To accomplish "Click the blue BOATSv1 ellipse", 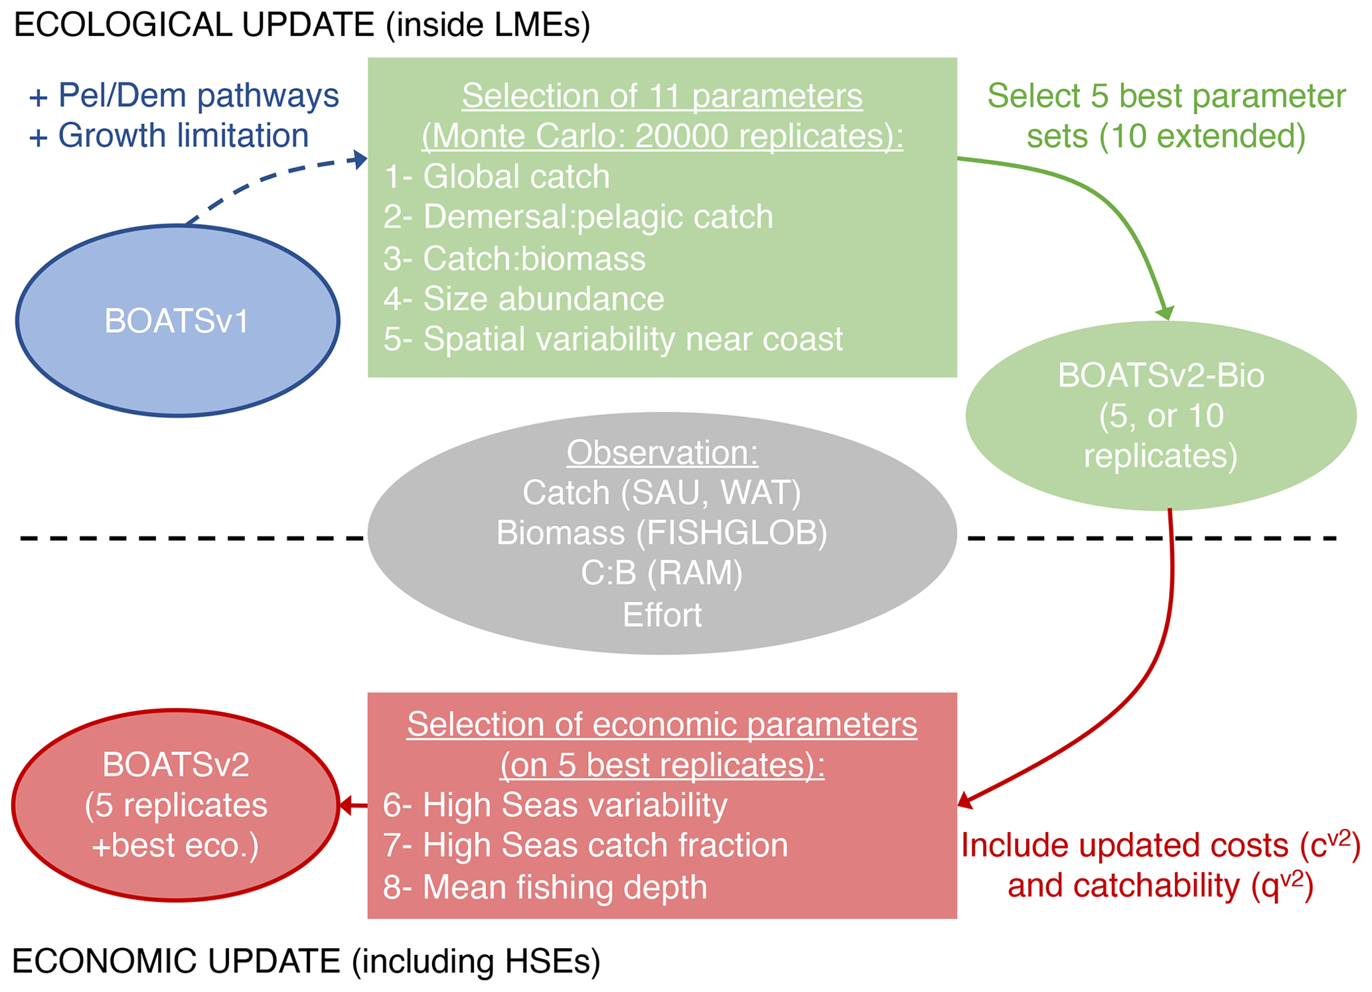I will pos(177,321).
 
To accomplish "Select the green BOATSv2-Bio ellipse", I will pos(1160,416).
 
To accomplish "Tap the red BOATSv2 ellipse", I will pos(176,805).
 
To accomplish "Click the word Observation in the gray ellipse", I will pos(662,453).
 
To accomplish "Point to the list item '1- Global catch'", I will pos(496,177).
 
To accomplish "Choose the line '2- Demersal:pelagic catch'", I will pos(578,217).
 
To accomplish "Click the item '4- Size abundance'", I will pos(524,299).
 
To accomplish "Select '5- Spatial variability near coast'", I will pos(613,339).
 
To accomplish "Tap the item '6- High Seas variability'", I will pos(555,805).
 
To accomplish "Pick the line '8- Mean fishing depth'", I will pos(545,887).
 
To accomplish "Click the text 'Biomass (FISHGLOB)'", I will pos(662,533).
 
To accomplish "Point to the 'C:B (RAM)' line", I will pos(662,573).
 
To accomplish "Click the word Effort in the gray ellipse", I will pos(662,615).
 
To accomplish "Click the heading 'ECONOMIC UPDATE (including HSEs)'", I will pos(306,961).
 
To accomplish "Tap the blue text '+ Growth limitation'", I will pos(169,135).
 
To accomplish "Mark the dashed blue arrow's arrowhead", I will pos(360,159).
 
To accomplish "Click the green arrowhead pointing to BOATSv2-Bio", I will pos(1166,313).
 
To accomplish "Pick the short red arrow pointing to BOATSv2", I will pos(353,806).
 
